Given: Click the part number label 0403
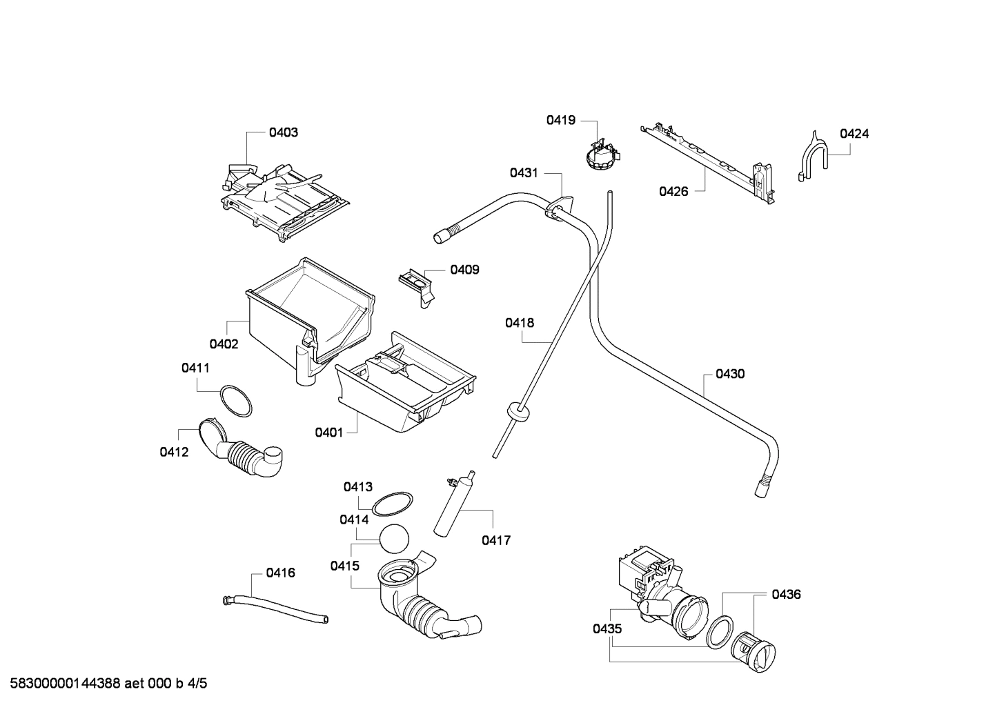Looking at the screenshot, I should pyautogui.click(x=283, y=132).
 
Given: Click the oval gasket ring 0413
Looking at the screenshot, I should pyautogui.click(x=393, y=504).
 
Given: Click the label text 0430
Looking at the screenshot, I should pyautogui.click(x=729, y=374).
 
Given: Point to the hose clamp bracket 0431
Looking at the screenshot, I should pyautogui.click(x=560, y=206).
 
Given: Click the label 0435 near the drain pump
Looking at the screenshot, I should pyautogui.click(x=607, y=628).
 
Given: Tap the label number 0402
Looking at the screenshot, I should pyautogui.click(x=224, y=344).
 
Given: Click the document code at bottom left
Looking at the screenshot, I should pyautogui.click(x=104, y=684).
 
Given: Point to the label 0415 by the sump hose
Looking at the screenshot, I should pyautogui.click(x=344, y=566).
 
